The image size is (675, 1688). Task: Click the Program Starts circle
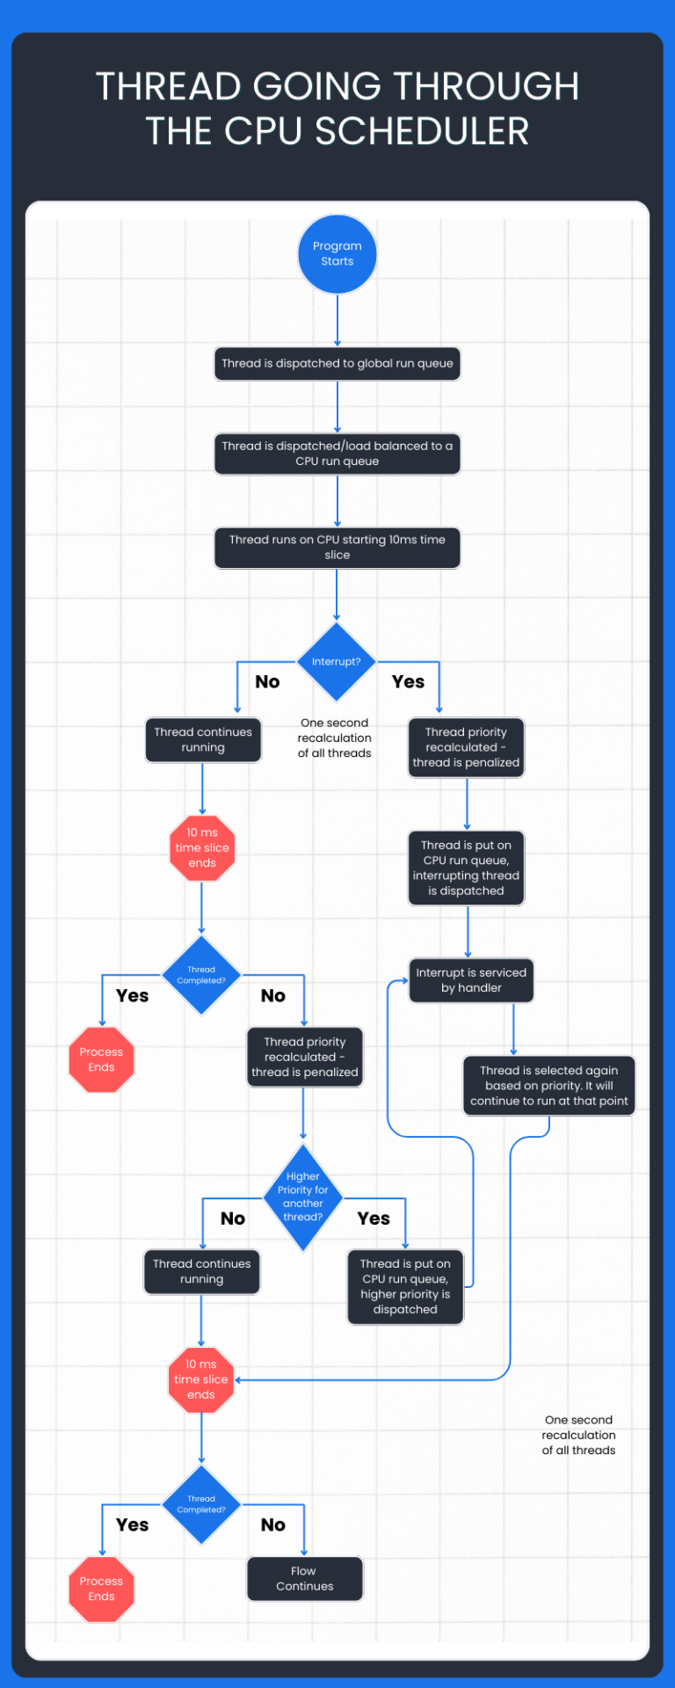coord(337,254)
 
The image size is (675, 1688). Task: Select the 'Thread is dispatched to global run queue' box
coord(337,363)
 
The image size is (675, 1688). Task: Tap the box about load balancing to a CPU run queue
coord(337,454)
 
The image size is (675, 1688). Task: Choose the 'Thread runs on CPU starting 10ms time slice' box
coord(337,547)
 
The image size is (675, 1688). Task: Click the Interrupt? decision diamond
coord(337,662)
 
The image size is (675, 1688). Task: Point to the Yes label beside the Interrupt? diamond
coord(408,681)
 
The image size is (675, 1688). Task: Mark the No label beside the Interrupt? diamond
coord(267,681)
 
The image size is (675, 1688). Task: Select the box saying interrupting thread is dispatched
coord(467,868)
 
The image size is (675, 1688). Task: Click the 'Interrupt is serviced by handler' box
coord(471,980)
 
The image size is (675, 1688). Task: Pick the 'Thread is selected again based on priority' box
coord(549,1086)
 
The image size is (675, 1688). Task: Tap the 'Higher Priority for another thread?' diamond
coord(303,1197)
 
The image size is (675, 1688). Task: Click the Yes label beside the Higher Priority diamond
coord(374,1219)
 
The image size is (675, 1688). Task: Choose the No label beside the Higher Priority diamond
coord(233,1219)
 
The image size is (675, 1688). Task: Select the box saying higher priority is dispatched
coord(405,1286)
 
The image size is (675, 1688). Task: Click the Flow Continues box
coord(305,1579)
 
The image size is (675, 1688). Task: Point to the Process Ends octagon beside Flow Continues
coord(101,1589)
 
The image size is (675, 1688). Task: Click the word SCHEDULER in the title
coord(422,132)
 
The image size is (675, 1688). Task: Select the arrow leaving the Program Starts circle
coord(337,320)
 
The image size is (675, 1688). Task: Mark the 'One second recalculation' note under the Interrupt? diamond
coord(335,738)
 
